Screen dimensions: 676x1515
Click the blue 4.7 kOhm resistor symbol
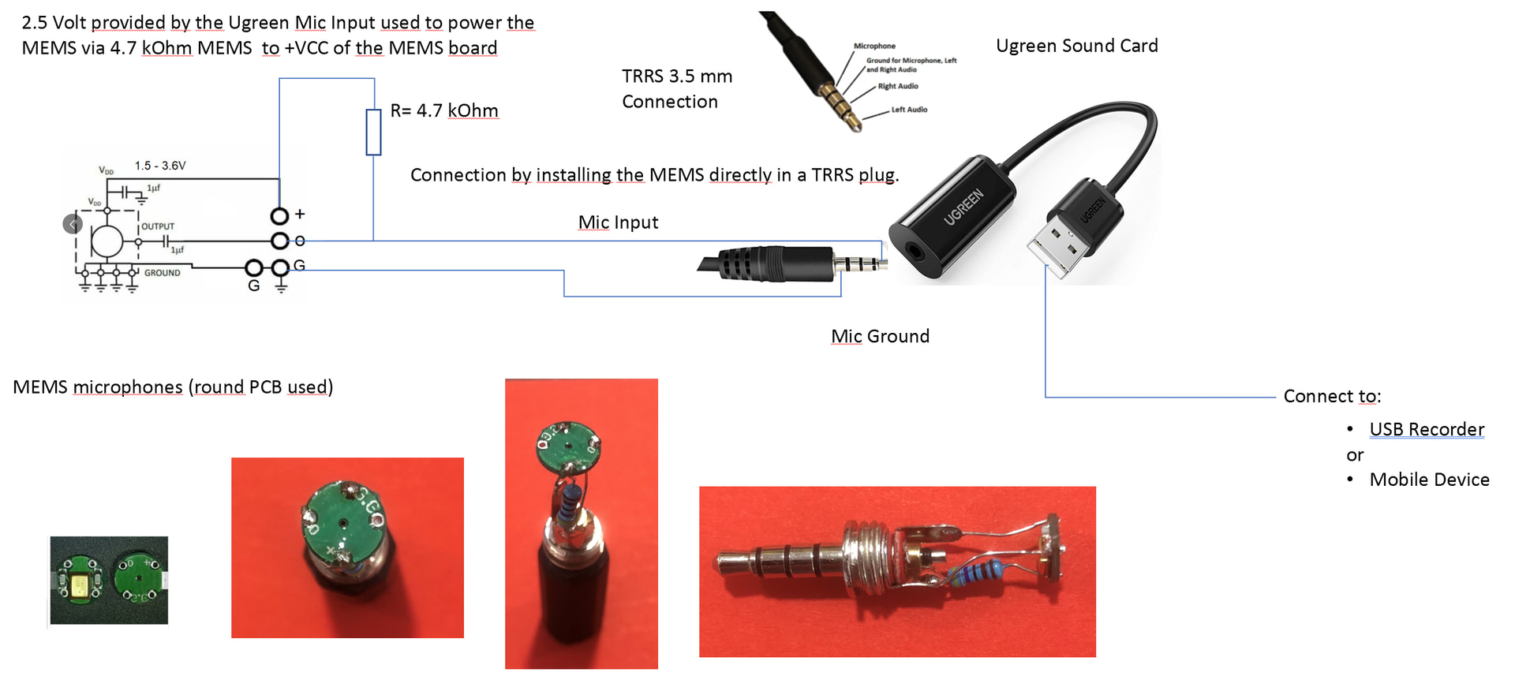[x=373, y=133]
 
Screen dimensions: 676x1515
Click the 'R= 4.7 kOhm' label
[x=443, y=110]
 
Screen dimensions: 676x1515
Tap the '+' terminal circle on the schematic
[x=279, y=215]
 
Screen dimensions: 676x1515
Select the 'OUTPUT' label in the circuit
[x=158, y=226]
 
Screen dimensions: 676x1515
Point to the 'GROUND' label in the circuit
[x=162, y=273]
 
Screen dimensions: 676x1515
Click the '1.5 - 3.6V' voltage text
[x=160, y=166]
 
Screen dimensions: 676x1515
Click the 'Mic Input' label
[x=618, y=222]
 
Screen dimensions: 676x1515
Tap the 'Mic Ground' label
[x=880, y=336]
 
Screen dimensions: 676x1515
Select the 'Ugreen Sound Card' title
[x=1076, y=46]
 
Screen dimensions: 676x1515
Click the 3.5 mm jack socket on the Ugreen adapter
[x=915, y=253]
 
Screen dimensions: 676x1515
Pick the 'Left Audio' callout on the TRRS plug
[x=909, y=110]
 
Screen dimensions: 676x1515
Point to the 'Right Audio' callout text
[x=898, y=86]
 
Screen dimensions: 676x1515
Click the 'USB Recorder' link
[x=1427, y=429]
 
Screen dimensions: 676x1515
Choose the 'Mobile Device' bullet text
[x=1429, y=480]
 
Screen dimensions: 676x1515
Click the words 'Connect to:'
[x=1332, y=396]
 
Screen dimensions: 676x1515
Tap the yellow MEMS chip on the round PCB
[x=80, y=584]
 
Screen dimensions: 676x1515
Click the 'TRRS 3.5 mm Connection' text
[x=676, y=89]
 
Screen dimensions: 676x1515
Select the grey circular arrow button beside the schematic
[x=73, y=224]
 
